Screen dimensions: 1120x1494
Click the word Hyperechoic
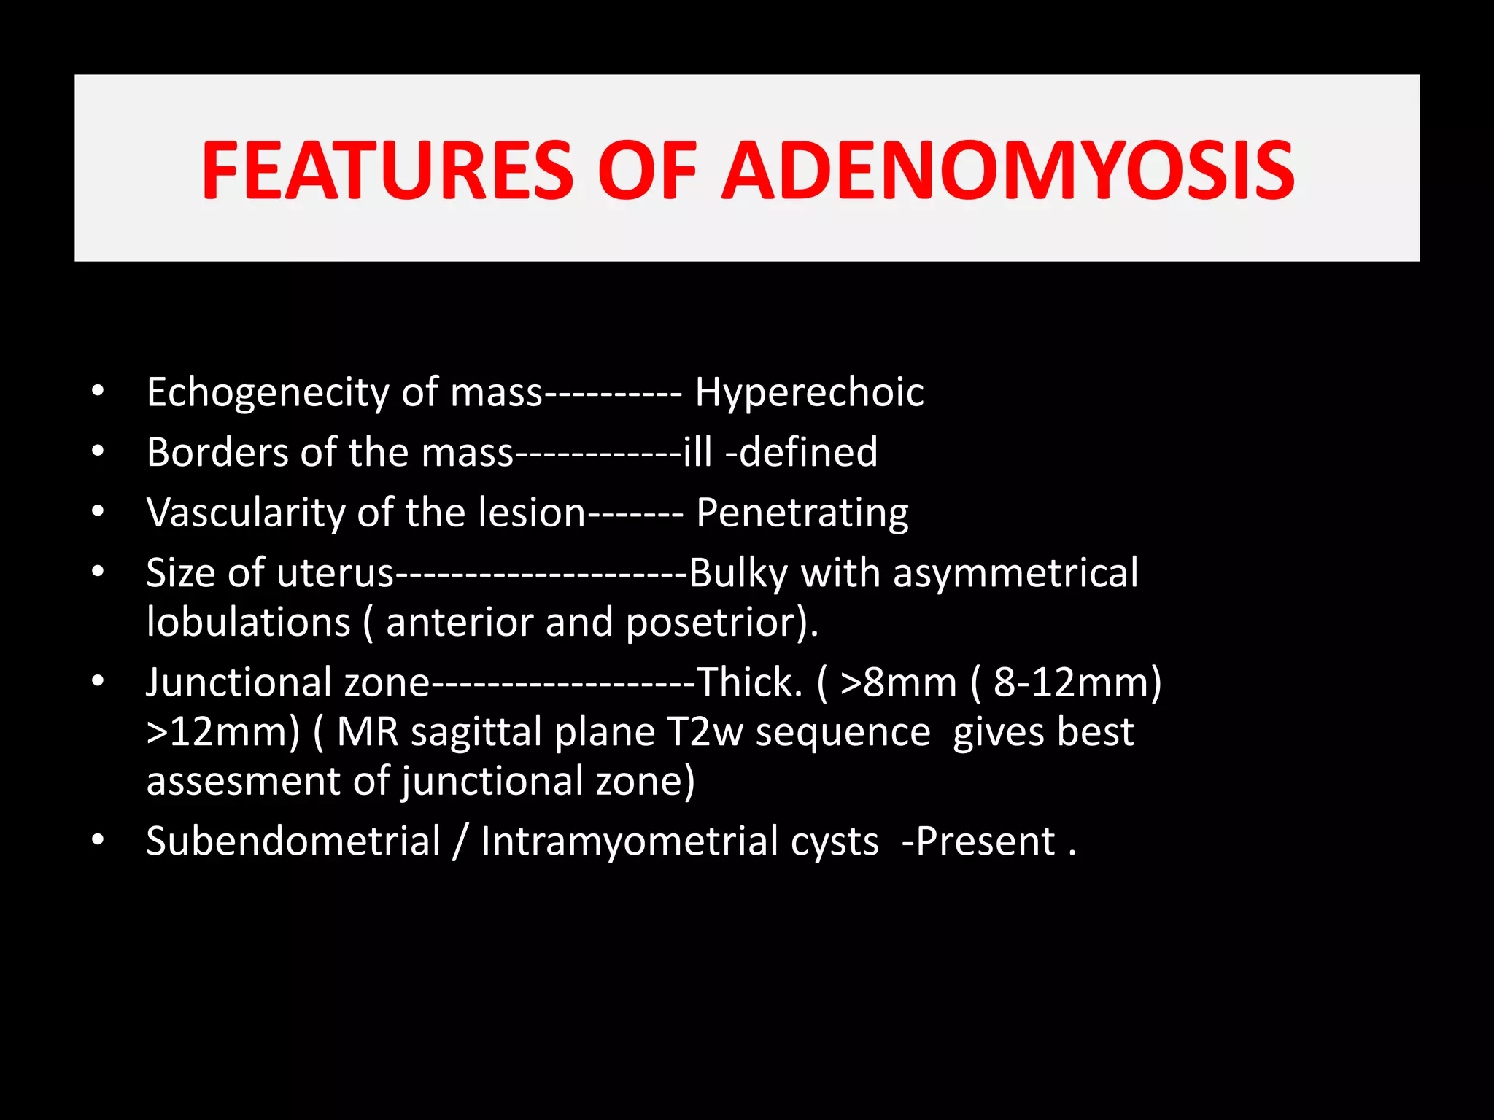809,393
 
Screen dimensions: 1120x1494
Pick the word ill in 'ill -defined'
697,452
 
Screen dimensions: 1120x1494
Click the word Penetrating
802,513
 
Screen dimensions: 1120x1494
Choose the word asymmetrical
1015,573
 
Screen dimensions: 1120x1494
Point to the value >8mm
898,682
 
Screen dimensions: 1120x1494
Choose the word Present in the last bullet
985,841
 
